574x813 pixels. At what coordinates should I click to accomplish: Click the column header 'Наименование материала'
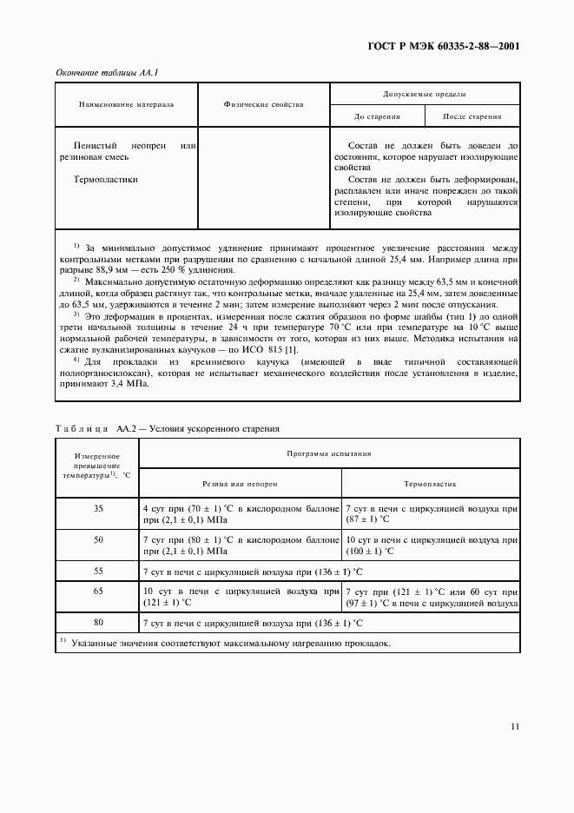126,104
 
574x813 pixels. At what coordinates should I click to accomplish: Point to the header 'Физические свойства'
263,104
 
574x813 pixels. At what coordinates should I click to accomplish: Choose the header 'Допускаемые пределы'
425,93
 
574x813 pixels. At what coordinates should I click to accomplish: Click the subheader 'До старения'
377,116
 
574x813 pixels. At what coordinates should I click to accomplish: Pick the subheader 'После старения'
472,116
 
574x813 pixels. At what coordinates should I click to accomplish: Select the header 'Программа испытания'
330,453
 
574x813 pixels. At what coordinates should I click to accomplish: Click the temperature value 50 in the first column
98,539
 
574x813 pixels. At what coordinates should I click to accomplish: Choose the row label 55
98,571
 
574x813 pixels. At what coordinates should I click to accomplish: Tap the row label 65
98,591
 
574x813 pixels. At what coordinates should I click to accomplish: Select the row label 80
98,623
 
